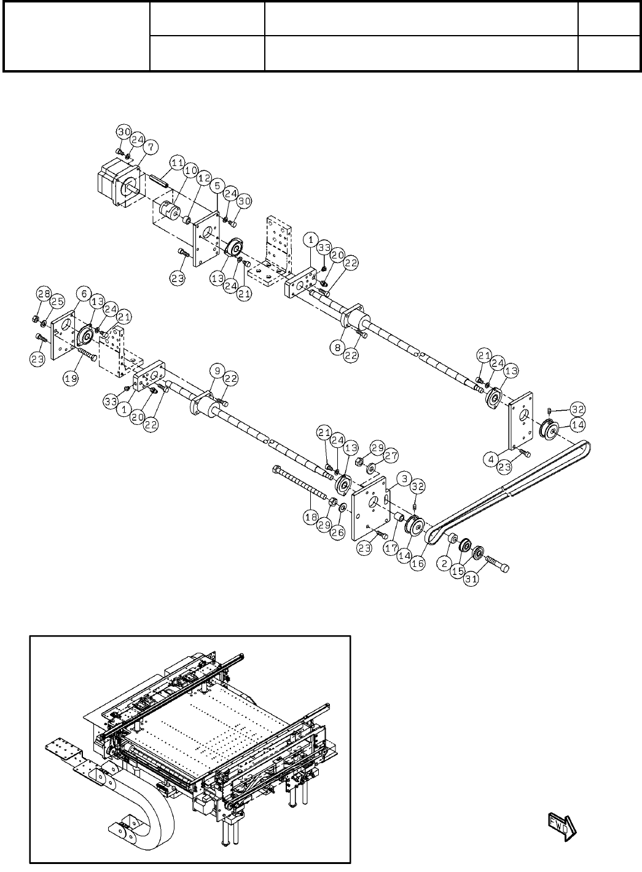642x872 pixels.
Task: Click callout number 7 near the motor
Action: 151,146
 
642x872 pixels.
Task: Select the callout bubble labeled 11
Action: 177,163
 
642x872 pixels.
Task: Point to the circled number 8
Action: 337,347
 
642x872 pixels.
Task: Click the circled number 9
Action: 216,371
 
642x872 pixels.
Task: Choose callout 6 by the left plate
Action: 82,294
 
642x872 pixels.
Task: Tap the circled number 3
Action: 403,478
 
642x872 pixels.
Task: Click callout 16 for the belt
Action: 418,563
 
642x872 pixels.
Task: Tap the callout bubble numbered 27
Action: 391,456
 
